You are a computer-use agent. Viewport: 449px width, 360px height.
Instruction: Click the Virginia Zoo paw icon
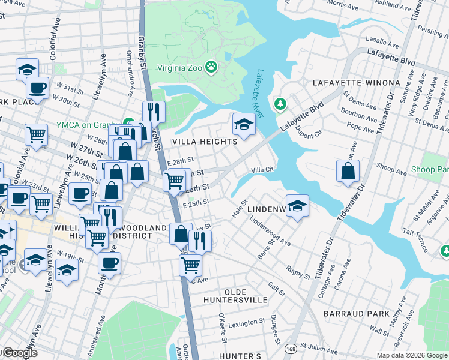[x=211, y=67]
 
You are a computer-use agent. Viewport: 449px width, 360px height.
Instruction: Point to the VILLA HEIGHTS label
[x=205, y=142]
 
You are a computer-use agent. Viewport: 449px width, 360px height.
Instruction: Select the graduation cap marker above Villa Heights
[x=244, y=124]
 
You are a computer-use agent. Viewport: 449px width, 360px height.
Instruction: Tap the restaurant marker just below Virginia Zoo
[x=154, y=112]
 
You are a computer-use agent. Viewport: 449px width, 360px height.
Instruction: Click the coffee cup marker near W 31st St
[x=38, y=88]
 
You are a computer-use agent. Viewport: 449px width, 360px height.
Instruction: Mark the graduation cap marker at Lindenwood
[x=297, y=206]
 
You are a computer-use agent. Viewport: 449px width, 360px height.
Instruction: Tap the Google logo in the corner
[x=19, y=353]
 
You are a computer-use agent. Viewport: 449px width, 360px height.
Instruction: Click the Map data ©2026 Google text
[x=411, y=355]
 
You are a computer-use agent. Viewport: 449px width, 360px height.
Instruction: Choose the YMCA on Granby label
[x=89, y=124]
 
